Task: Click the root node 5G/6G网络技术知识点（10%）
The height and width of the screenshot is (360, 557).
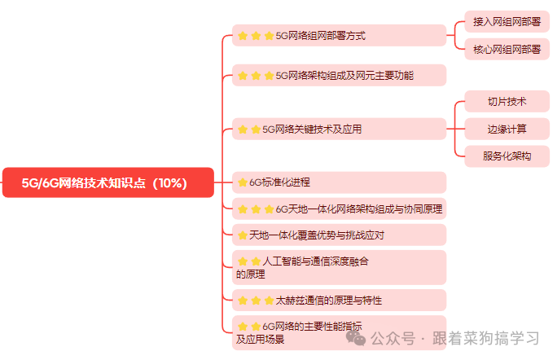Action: point(107,182)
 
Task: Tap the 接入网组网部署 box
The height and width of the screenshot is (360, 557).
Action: point(506,23)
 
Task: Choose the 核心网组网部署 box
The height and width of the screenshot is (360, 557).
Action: point(506,50)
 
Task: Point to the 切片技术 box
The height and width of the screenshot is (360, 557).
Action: point(507,102)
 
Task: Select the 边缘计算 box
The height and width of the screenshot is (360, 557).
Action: point(507,129)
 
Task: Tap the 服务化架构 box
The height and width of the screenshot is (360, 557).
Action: point(507,156)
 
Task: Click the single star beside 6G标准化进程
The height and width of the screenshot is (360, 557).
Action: point(242,182)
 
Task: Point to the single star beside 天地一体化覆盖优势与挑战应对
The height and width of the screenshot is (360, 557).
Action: point(242,235)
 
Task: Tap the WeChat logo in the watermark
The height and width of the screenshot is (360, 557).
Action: point(356,337)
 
